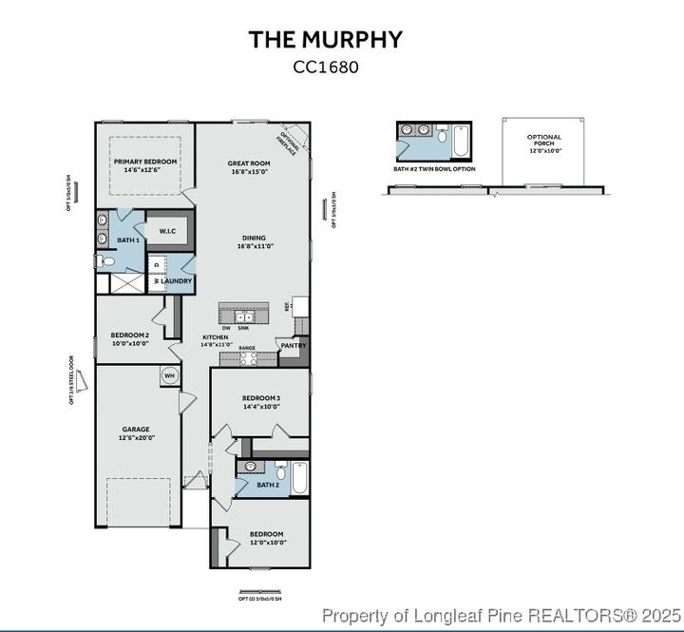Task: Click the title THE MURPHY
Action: click(326, 39)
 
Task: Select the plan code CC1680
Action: click(326, 67)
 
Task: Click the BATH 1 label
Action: click(129, 240)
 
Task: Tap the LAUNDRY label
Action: click(177, 280)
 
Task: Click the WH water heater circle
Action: click(170, 375)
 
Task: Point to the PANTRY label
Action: click(294, 346)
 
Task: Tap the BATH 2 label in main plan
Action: click(268, 485)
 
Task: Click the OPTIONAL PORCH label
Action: click(544, 143)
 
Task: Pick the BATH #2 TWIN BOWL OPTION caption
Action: click(434, 169)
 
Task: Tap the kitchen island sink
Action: click(242, 316)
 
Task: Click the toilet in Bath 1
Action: click(105, 262)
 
